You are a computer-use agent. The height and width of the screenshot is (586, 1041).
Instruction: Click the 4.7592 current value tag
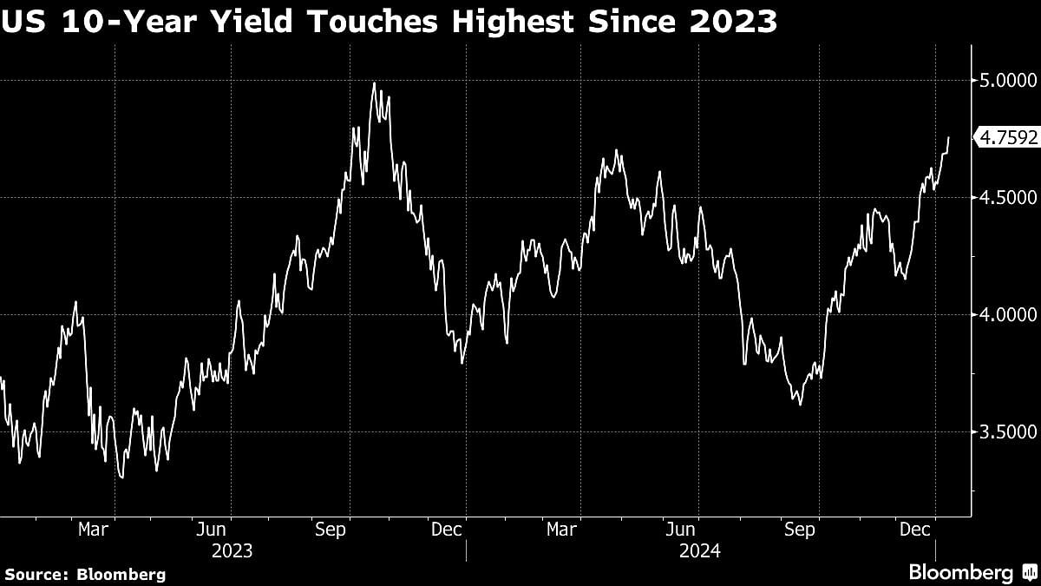[1006, 137]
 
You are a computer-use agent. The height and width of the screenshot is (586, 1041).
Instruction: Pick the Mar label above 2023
[93, 529]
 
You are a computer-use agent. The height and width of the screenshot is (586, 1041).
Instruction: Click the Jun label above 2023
[213, 529]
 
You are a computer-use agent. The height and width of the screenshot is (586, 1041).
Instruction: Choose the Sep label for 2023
[331, 529]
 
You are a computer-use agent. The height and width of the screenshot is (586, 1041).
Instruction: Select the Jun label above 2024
[682, 529]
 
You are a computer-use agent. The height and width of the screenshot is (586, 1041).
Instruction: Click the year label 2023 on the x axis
[232, 551]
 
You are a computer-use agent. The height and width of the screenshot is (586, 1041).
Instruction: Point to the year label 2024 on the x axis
[701, 551]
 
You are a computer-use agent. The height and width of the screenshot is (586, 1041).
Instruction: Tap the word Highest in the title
[537, 21]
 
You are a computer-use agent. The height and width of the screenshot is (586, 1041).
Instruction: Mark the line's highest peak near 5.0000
[374, 83]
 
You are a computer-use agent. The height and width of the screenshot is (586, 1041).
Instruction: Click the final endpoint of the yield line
[948, 137]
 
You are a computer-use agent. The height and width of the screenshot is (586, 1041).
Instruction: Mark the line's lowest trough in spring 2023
[121, 477]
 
